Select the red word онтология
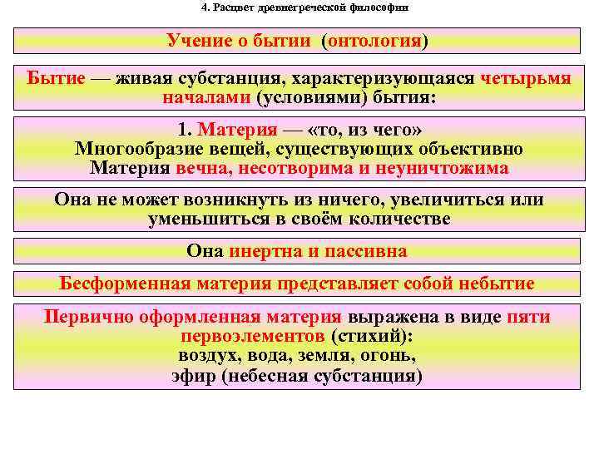coord(375,41)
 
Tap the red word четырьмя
coord(526,79)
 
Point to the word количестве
coord(403,220)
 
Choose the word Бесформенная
coord(126,283)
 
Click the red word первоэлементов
coord(251,337)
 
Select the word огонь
coord(390,355)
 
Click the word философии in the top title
coord(375,7)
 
